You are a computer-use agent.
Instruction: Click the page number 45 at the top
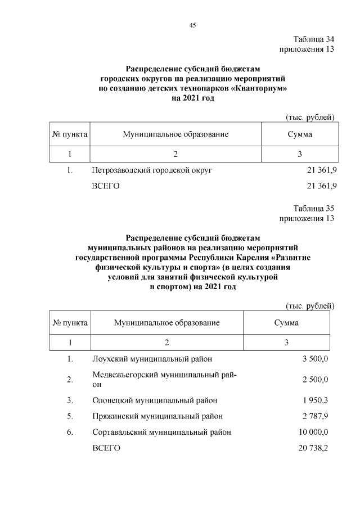192,25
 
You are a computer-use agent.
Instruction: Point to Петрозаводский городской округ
151,169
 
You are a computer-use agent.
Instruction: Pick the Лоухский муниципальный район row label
152,358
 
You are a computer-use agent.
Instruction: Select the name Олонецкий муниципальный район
154,400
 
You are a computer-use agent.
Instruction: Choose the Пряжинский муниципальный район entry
157,416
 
